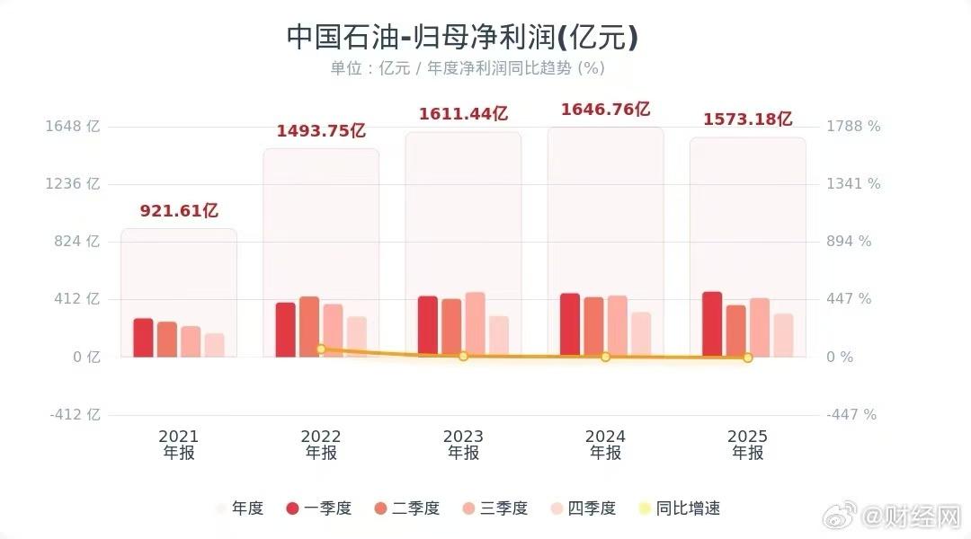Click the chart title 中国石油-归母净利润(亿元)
coord(462,37)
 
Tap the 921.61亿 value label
coord(179,211)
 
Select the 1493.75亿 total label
coord(321,131)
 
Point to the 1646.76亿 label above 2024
coord(605,110)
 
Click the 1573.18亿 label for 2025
coord(747,119)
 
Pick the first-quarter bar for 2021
coord(144,338)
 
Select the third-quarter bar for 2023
coord(475,324)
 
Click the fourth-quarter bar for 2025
coord(783,335)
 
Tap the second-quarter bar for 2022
coord(309,326)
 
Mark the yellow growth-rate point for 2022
coord(321,349)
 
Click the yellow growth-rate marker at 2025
coord(747,358)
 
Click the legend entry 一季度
coord(318,508)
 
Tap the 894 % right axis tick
coord(849,242)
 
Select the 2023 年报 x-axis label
coord(463,445)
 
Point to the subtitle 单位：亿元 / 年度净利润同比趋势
coord(467,68)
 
